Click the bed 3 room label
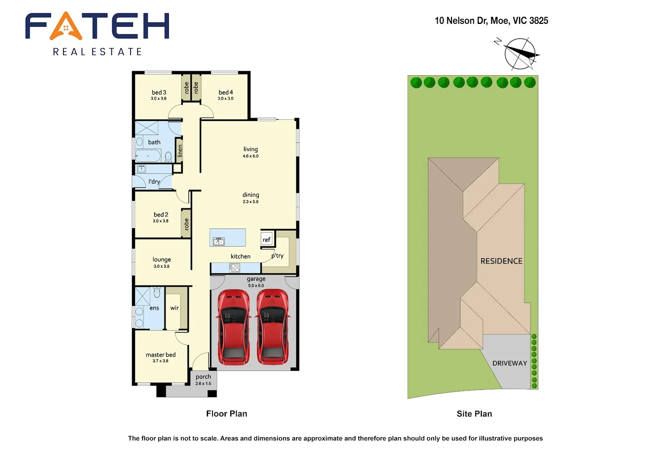point(159,92)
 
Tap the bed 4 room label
point(226,92)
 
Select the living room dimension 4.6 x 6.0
point(250,156)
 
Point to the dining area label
point(250,195)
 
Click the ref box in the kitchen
point(267,239)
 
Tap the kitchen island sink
point(219,241)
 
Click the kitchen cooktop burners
point(235,267)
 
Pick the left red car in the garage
point(234,326)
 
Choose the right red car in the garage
point(272,326)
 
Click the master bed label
point(160,354)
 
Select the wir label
point(175,308)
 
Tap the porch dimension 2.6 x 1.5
point(203,383)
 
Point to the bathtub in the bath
point(148,156)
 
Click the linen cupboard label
point(180,150)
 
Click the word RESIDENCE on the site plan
point(501,261)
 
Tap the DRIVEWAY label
point(510,363)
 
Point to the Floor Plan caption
point(227,413)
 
